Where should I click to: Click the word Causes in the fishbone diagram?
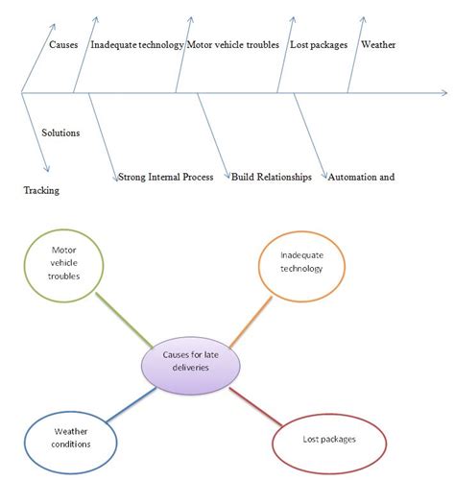[x=63, y=45]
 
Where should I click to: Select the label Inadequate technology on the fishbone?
[x=136, y=45]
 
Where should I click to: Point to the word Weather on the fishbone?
[x=376, y=45]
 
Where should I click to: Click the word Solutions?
[x=60, y=132]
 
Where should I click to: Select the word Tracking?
[x=41, y=190]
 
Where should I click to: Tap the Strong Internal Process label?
[x=169, y=177]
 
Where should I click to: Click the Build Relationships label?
[x=271, y=177]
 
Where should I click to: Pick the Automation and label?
[x=361, y=177]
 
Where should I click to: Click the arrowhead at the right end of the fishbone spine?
[x=443, y=93]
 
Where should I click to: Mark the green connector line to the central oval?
[x=123, y=321]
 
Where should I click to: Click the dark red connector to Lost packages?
[x=254, y=405]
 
